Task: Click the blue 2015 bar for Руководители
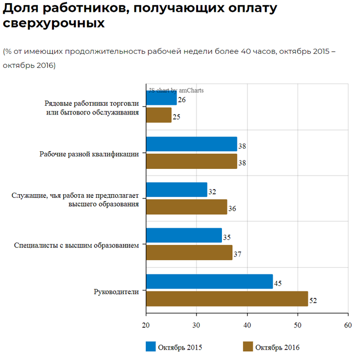click(209, 282)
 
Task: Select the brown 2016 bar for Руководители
click(227, 299)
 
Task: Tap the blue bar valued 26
click(161, 98)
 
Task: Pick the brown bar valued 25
click(159, 115)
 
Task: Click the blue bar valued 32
click(176, 190)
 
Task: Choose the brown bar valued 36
click(186, 207)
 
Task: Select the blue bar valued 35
click(184, 236)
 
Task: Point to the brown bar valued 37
click(189, 253)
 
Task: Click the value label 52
click(313, 300)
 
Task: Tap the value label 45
click(277, 283)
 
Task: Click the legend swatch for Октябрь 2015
click(151, 347)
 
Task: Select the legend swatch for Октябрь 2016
click(248, 347)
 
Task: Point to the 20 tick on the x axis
click(146, 325)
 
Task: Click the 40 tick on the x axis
click(247, 325)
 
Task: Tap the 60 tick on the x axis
click(347, 325)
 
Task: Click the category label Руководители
click(116, 291)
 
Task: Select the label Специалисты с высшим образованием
click(76, 245)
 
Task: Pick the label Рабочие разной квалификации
click(89, 154)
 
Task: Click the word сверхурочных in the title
click(54, 23)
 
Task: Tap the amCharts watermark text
click(176, 90)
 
